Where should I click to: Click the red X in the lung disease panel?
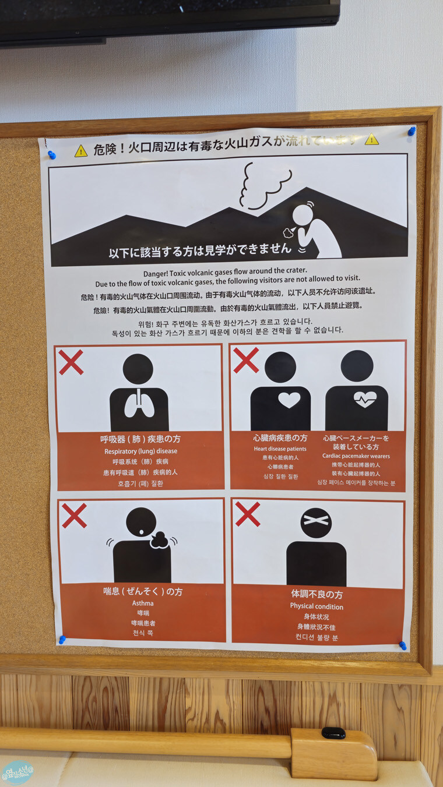[x=71, y=362]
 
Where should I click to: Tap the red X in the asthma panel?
[x=74, y=516]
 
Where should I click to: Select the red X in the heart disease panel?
[x=246, y=360]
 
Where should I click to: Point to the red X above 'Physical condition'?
[x=248, y=514]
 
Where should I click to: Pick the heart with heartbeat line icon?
[x=365, y=399]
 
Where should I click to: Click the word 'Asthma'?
[x=143, y=604]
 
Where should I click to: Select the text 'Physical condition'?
[x=317, y=606]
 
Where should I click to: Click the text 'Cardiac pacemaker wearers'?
[x=356, y=456]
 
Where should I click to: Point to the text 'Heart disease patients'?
[x=280, y=449]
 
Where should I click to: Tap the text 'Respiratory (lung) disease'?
[x=140, y=451]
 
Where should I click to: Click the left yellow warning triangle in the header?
[x=81, y=151]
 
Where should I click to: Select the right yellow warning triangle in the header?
[x=372, y=139]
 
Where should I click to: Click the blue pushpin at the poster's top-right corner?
[x=412, y=131]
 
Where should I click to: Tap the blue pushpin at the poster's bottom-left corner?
[x=62, y=640]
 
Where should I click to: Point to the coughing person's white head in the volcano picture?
[x=303, y=215]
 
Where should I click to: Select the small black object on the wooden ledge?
[x=333, y=733]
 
